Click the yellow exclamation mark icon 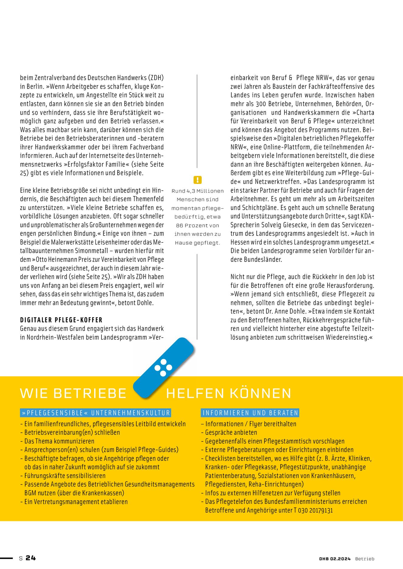197,180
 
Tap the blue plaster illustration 164,367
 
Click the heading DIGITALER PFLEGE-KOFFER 61,320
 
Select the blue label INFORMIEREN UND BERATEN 250,413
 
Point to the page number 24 31,558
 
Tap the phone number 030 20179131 315,510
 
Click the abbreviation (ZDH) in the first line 156,78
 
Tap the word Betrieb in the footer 365,559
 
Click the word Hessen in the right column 239,242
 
